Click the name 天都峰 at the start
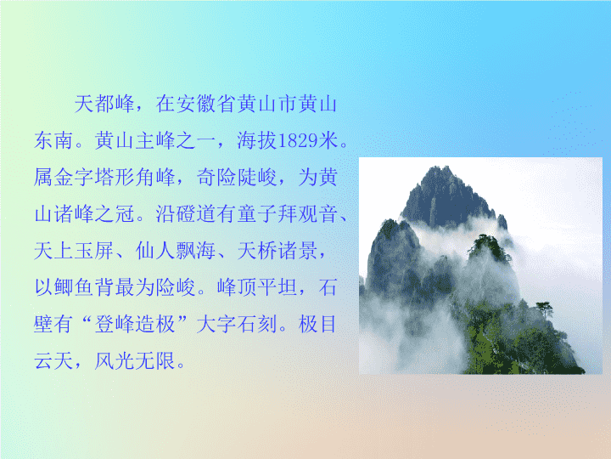104,105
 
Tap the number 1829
297,141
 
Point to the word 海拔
257,140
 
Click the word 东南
53,140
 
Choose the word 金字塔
84,177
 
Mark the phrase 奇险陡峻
237,177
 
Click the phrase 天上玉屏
74,251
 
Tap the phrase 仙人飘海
176,251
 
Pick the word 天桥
257,251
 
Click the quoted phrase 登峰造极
135,324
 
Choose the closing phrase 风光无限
135,360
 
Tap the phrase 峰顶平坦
257,287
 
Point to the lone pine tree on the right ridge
545,309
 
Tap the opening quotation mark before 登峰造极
87,320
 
